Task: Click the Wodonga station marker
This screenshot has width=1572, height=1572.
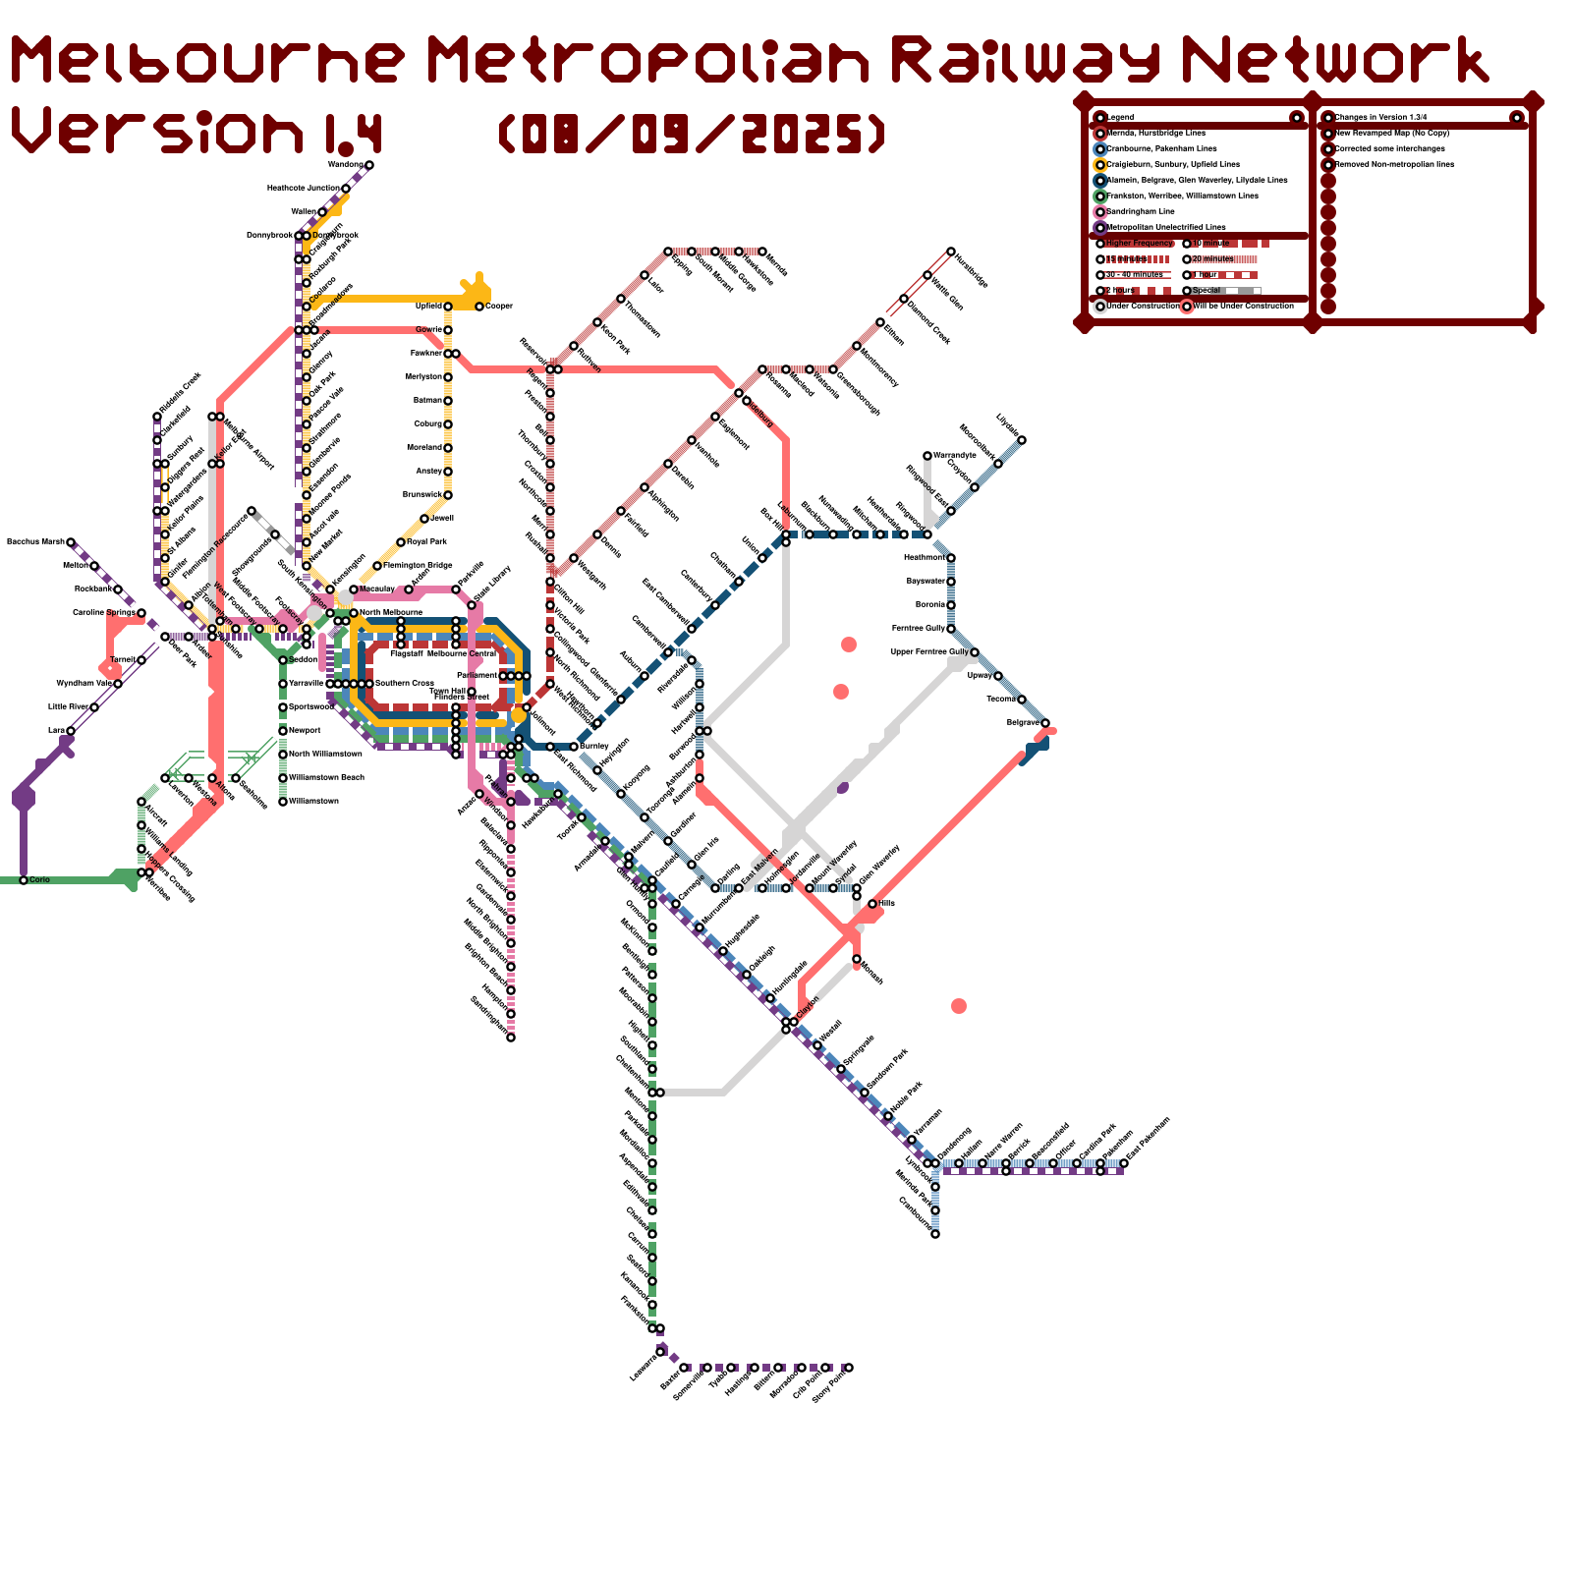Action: coord(369,165)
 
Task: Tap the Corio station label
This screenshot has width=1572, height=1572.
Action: coord(39,879)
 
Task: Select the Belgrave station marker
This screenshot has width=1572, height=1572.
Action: coord(1045,723)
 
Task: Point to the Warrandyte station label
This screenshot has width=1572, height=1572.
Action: coord(954,455)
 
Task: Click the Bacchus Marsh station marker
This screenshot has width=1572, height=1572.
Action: coord(71,542)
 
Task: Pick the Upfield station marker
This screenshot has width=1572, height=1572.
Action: coord(448,307)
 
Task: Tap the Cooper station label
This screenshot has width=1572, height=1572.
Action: coord(499,307)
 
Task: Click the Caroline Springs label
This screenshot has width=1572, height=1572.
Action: coord(104,612)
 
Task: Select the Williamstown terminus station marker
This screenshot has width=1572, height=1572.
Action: coord(283,802)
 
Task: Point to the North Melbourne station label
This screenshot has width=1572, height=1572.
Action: coord(390,612)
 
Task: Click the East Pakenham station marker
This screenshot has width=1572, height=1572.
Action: coord(1124,1163)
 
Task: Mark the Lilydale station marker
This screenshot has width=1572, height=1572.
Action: coord(1022,440)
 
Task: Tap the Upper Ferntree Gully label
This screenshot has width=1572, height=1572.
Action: coord(929,651)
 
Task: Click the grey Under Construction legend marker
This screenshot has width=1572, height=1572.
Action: coord(1100,306)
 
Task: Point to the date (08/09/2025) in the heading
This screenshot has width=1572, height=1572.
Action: coord(693,133)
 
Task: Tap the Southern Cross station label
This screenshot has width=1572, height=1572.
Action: coord(404,683)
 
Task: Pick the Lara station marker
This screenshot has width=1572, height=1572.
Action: coord(71,731)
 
